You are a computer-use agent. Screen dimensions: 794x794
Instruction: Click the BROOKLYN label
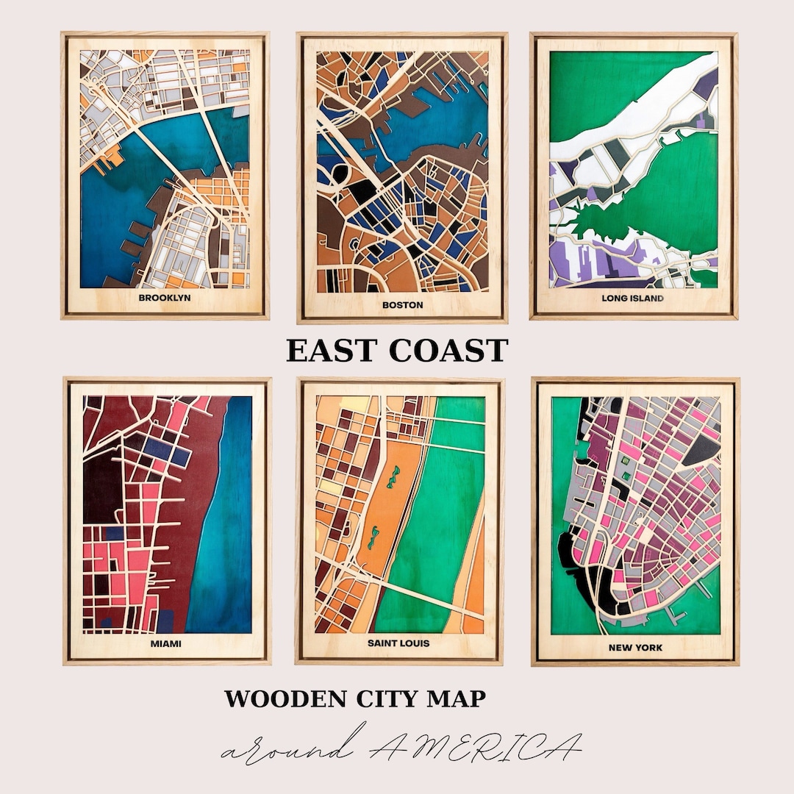pos(164,298)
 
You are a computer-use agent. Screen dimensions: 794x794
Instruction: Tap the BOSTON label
pos(402,304)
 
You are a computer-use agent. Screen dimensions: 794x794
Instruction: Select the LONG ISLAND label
pos(632,298)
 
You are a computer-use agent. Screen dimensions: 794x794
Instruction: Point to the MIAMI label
pos(166,644)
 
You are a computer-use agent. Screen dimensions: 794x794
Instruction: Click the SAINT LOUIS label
pos(398,643)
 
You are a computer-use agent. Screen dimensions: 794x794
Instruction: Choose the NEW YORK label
pos(635,648)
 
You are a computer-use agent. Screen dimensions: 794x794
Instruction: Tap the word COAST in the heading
pos(448,351)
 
